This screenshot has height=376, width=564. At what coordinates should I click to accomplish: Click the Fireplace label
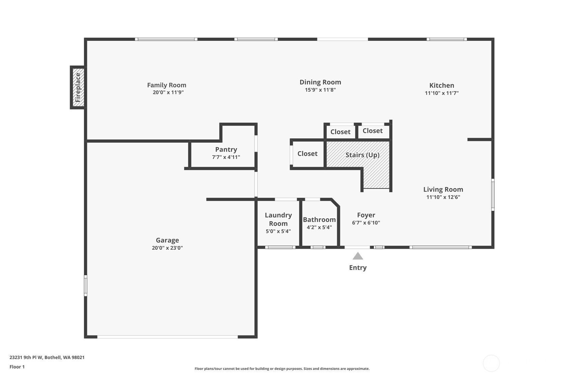[78, 87]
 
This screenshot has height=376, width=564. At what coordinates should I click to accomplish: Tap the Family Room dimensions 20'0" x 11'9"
[168, 92]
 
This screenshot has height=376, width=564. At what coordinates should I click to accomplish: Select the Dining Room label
[320, 82]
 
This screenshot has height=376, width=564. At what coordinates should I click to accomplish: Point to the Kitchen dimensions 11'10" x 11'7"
[442, 93]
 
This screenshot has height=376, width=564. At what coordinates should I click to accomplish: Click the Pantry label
[226, 150]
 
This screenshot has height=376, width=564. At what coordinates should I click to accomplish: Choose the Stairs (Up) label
[362, 155]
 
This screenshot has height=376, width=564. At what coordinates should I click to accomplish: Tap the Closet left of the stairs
[307, 154]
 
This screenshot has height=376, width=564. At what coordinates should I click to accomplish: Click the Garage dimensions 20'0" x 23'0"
[168, 248]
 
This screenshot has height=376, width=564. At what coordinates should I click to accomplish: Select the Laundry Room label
[278, 219]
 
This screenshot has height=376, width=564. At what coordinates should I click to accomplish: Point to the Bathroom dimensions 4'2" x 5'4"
[319, 227]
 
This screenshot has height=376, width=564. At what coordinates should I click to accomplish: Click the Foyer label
[366, 215]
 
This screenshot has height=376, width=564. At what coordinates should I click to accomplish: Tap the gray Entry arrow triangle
[358, 256]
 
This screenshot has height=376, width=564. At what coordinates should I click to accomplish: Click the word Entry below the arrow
[358, 268]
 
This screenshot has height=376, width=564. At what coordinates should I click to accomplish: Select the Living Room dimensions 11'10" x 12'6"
[443, 197]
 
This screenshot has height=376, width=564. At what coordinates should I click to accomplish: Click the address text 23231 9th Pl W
[26, 357]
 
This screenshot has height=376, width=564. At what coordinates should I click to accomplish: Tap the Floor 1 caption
[17, 367]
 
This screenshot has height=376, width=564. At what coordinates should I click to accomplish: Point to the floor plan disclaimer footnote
[282, 369]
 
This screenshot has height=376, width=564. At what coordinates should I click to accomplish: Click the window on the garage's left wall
[86, 286]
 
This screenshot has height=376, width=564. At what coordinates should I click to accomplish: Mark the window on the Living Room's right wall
[493, 195]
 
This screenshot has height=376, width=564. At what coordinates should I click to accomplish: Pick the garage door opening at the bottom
[168, 337]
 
